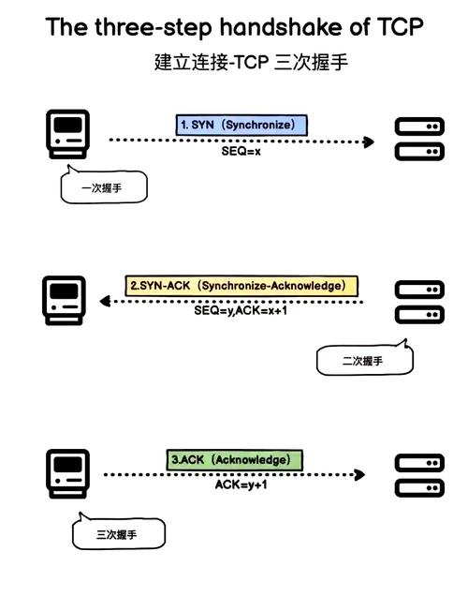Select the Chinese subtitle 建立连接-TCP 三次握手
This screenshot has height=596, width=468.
[x=252, y=63]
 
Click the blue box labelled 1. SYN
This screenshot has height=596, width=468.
[x=242, y=125]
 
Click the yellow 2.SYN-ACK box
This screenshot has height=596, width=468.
[x=242, y=285]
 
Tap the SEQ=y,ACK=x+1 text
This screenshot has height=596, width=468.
[x=241, y=310]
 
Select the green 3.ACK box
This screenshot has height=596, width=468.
[x=236, y=460]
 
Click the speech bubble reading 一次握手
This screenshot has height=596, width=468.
[x=103, y=188]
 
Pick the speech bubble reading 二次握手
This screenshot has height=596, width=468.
[x=363, y=361]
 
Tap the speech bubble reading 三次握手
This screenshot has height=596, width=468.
[x=118, y=535]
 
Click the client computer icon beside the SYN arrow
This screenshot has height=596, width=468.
[x=67, y=133]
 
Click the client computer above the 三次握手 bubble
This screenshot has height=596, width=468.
[x=67, y=473]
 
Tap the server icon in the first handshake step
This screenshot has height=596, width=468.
[x=418, y=138]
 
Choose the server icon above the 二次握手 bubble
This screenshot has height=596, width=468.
[x=418, y=302]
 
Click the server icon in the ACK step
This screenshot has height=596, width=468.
[x=418, y=475]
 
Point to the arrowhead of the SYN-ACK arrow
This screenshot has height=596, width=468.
[x=106, y=302]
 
